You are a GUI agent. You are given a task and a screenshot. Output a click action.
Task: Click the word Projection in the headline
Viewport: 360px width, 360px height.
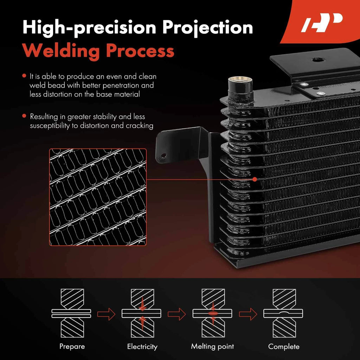[207, 28]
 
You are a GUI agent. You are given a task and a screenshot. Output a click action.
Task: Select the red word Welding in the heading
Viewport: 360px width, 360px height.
[60, 51]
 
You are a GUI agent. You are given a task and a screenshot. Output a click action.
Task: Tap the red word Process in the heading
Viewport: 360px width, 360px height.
[140, 51]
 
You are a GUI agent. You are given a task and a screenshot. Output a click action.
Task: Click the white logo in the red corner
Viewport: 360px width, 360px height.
[322, 22]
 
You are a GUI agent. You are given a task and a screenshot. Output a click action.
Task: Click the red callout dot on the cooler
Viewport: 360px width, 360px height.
[255, 179]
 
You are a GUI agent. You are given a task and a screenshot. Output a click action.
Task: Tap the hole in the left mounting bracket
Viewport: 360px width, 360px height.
[163, 156]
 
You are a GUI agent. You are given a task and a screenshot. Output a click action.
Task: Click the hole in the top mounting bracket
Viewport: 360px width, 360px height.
[318, 60]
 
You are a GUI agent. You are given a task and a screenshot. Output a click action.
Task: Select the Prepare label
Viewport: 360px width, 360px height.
[72, 346]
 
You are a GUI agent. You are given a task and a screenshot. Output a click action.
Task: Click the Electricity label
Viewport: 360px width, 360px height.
[142, 346]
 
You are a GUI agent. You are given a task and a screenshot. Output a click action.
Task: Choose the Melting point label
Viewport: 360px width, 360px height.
[212, 346]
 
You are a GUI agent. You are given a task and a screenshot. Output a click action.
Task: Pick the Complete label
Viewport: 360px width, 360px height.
[284, 346]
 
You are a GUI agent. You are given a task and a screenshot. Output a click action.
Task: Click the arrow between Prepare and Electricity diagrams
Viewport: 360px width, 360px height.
[106, 314]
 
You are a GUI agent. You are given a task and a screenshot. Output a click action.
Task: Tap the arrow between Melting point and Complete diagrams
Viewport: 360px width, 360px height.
[248, 314]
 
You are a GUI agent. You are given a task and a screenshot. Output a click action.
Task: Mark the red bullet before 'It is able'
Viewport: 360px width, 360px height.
[24, 76]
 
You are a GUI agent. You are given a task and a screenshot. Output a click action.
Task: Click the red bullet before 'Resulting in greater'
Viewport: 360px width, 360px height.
[24, 116]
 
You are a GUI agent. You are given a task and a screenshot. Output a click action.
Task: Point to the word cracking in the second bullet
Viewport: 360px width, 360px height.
[140, 126]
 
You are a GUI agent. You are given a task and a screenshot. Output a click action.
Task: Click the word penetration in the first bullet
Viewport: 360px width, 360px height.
[121, 86]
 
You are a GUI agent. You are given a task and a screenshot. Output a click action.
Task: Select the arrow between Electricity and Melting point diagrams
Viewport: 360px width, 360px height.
[176, 314]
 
